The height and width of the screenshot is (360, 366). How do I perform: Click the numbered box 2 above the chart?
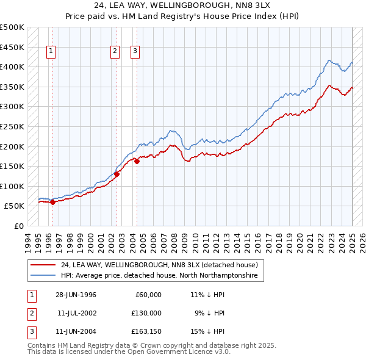pos(115,52)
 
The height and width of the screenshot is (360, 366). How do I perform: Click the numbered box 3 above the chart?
pos(135,52)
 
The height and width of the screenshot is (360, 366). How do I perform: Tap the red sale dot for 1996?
pos(52,203)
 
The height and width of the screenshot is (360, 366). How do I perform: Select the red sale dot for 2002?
pos(117,174)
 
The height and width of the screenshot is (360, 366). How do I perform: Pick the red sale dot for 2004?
pos(137,161)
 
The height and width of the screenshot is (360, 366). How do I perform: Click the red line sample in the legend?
pos(43,265)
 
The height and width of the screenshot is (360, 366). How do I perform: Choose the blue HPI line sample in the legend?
pos(43,276)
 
